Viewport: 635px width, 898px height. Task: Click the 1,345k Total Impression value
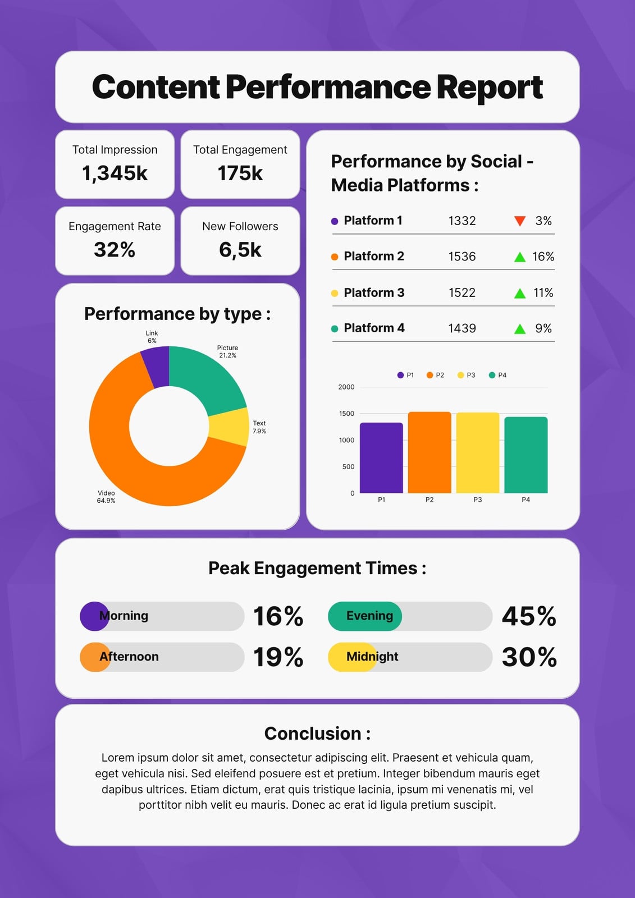pyautogui.click(x=115, y=173)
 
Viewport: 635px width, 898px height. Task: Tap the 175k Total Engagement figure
pyautogui.click(x=240, y=173)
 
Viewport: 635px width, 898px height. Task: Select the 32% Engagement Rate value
pyautogui.click(x=115, y=249)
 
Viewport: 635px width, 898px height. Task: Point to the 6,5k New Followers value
pyautogui.click(x=240, y=250)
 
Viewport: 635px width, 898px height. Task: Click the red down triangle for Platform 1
pyautogui.click(x=520, y=221)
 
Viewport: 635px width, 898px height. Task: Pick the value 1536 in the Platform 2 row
pyautogui.click(x=462, y=256)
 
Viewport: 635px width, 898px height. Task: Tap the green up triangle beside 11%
pyautogui.click(x=520, y=293)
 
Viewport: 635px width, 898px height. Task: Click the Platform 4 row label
pyautogui.click(x=374, y=328)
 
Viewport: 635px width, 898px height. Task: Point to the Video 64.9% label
pyautogui.click(x=106, y=497)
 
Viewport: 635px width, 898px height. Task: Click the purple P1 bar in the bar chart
pyautogui.click(x=381, y=458)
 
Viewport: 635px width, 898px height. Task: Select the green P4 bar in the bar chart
pyautogui.click(x=526, y=455)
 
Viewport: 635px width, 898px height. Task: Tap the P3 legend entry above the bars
pyautogui.click(x=466, y=375)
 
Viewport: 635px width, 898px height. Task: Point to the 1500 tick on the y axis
pyautogui.click(x=346, y=413)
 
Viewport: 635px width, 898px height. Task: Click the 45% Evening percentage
pyautogui.click(x=529, y=616)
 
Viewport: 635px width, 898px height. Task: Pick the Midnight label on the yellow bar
pyautogui.click(x=372, y=657)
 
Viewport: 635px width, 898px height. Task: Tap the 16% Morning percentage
pyautogui.click(x=278, y=616)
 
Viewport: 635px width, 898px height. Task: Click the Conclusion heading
pyautogui.click(x=317, y=734)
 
